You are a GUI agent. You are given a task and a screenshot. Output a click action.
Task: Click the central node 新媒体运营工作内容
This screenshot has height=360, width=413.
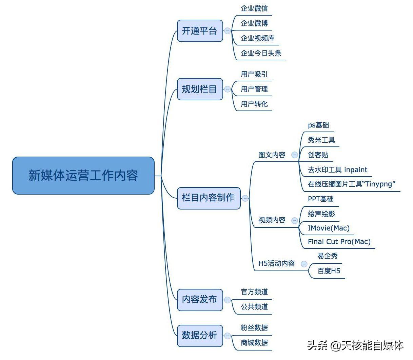click(83, 175)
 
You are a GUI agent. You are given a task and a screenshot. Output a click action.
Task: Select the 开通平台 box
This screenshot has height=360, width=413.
click(200, 31)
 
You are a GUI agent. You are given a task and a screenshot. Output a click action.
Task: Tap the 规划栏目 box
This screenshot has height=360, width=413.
click(200, 89)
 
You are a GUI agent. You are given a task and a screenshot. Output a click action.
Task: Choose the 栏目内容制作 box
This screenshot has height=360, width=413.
click(209, 198)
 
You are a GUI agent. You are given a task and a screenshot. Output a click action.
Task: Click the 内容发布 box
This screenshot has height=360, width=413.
click(200, 300)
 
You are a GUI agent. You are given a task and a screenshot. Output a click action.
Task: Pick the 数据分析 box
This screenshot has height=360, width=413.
click(200, 336)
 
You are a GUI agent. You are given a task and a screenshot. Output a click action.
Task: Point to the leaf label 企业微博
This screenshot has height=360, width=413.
click(254, 23)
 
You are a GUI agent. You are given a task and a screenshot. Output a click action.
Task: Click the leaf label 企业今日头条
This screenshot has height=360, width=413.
click(261, 53)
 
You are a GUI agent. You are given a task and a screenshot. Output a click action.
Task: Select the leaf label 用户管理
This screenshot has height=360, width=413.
click(254, 89)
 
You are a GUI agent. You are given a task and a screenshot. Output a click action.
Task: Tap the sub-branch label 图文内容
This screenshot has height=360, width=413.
click(272, 155)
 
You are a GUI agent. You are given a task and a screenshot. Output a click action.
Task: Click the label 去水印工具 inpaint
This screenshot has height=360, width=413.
click(337, 170)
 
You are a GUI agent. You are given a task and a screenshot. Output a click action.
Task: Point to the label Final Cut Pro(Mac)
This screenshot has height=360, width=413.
click(339, 242)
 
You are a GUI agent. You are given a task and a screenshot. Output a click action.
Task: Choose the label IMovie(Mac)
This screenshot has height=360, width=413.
click(329, 228)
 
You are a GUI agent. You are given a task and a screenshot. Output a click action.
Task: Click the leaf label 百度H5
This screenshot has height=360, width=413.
click(329, 271)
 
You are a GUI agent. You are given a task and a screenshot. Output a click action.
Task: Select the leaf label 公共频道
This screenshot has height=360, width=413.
click(254, 307)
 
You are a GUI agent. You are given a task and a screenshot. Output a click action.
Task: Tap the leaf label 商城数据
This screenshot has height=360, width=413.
click(254, 343)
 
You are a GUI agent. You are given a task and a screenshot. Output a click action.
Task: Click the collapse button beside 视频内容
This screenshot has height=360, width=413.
click(295, 220)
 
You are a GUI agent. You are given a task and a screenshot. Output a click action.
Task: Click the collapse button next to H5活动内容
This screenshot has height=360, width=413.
click(304, 264)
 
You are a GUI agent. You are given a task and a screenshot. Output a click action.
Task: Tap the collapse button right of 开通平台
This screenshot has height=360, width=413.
click(228, 31)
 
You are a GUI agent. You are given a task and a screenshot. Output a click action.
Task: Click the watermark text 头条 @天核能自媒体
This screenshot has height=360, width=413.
click(355, 345)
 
